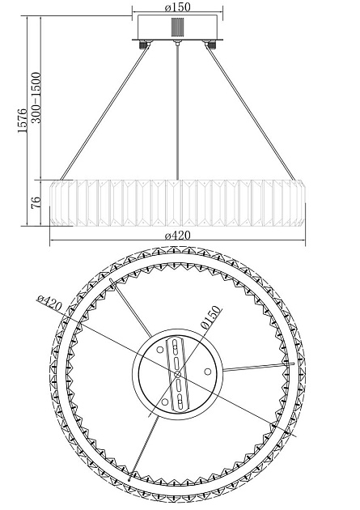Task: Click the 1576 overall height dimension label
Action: (23, 121)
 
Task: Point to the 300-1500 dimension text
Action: (36, 98)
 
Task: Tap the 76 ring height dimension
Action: (36, 202)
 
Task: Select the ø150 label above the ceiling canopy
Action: (177, 6)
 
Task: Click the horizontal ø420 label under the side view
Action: (177, 235)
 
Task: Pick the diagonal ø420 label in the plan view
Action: (49, 303)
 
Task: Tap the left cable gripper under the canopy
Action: (143, 44)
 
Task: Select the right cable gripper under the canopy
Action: (211, 44)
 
